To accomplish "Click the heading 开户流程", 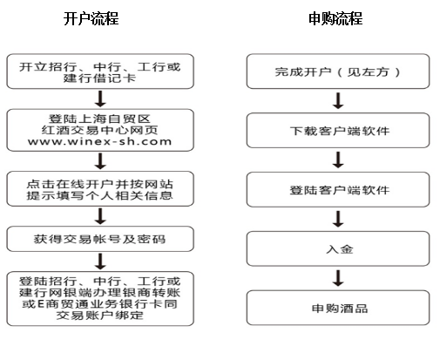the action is click(91, 18).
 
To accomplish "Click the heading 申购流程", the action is click(335, 18).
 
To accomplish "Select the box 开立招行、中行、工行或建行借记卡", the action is click(100, 71).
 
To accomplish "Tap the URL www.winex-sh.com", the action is click(99, 142).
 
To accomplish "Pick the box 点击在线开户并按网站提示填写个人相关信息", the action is click(100, 189).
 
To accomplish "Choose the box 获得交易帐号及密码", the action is click(100, 239).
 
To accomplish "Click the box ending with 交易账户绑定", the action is click(100, 299).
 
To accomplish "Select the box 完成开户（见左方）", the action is click(338, 71).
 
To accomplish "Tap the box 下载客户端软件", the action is click(338, 131).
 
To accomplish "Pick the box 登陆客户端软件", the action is click(338, 189).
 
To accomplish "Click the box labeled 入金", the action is click(338, 248).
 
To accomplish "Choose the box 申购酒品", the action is click(338, 308).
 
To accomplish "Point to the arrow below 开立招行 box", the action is click(100, 98).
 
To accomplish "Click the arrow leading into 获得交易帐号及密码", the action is click(100, 216).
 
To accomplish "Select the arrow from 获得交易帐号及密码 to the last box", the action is click(100, 262).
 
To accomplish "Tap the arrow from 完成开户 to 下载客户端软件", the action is click(338, 101).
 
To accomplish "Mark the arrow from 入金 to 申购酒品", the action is click(338, 278).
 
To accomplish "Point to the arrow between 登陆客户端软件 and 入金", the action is click(338, 219).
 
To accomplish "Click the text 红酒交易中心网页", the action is click(99, 130).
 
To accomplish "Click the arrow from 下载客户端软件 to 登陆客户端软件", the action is click(338, 160).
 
